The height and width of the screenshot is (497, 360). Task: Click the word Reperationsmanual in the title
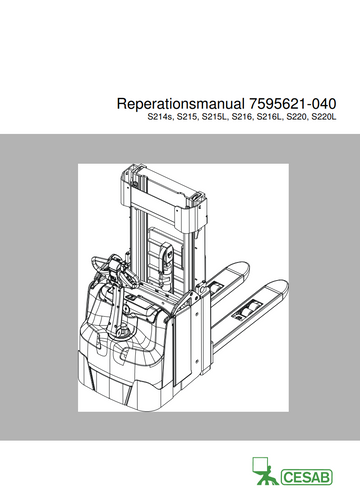pyautogui.click(x=180, y=104)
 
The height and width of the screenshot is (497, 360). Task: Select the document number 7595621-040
pyautogui.click(x=292, y=104)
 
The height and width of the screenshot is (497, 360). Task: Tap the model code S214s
pyautogui.click(x=161, y=117)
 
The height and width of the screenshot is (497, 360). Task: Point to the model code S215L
pyautogui.click(x=215, y=117)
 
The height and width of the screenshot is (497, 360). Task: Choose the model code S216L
pyautogui.click(x=270, y=117)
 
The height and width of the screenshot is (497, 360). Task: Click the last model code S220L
pyautogui.click(x=324, y=117)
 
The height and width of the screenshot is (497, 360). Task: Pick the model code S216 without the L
pyautogui.click(x=242, y=117)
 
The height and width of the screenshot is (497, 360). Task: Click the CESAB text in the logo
pyautogui.click(x=307, y=477)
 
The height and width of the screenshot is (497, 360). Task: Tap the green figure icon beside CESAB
pyautogui.click(x=265, y=471)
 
